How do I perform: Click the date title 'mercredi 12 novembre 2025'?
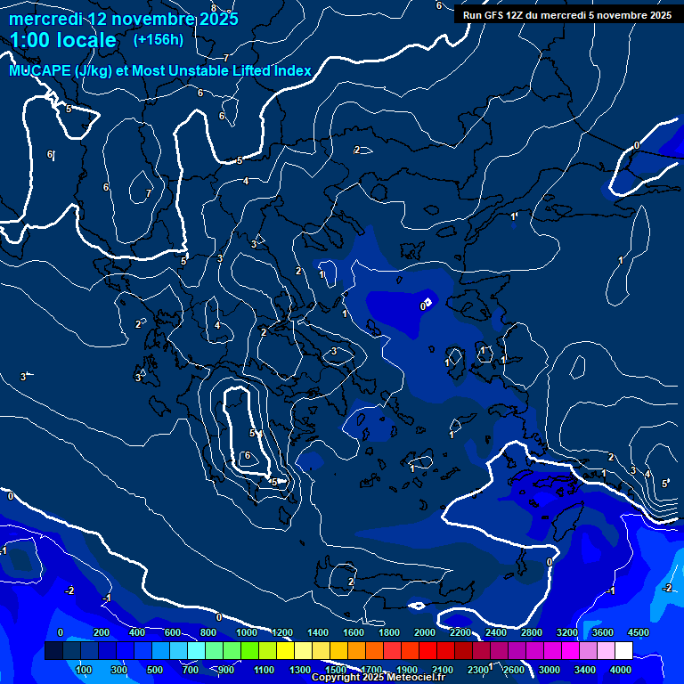coord(124,19)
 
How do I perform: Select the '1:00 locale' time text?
coord(63,40)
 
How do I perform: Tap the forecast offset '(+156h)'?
coord(159,39)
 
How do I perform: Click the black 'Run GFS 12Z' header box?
coord(566,15)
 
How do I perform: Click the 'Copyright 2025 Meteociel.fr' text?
coord(378,678)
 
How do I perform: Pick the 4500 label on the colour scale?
coord(638,632)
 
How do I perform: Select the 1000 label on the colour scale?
coord(247,632)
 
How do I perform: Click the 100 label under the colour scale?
coord(85,670)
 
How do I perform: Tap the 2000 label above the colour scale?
coord(425,632)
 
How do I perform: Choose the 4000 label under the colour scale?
coord(621,670)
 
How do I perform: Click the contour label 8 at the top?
coord(214,8)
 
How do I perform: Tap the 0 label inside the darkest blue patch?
coord(423,306)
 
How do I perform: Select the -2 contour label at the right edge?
coord(668,588)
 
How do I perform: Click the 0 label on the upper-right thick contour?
coord(637,145)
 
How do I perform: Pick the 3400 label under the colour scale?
coord(585,670)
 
